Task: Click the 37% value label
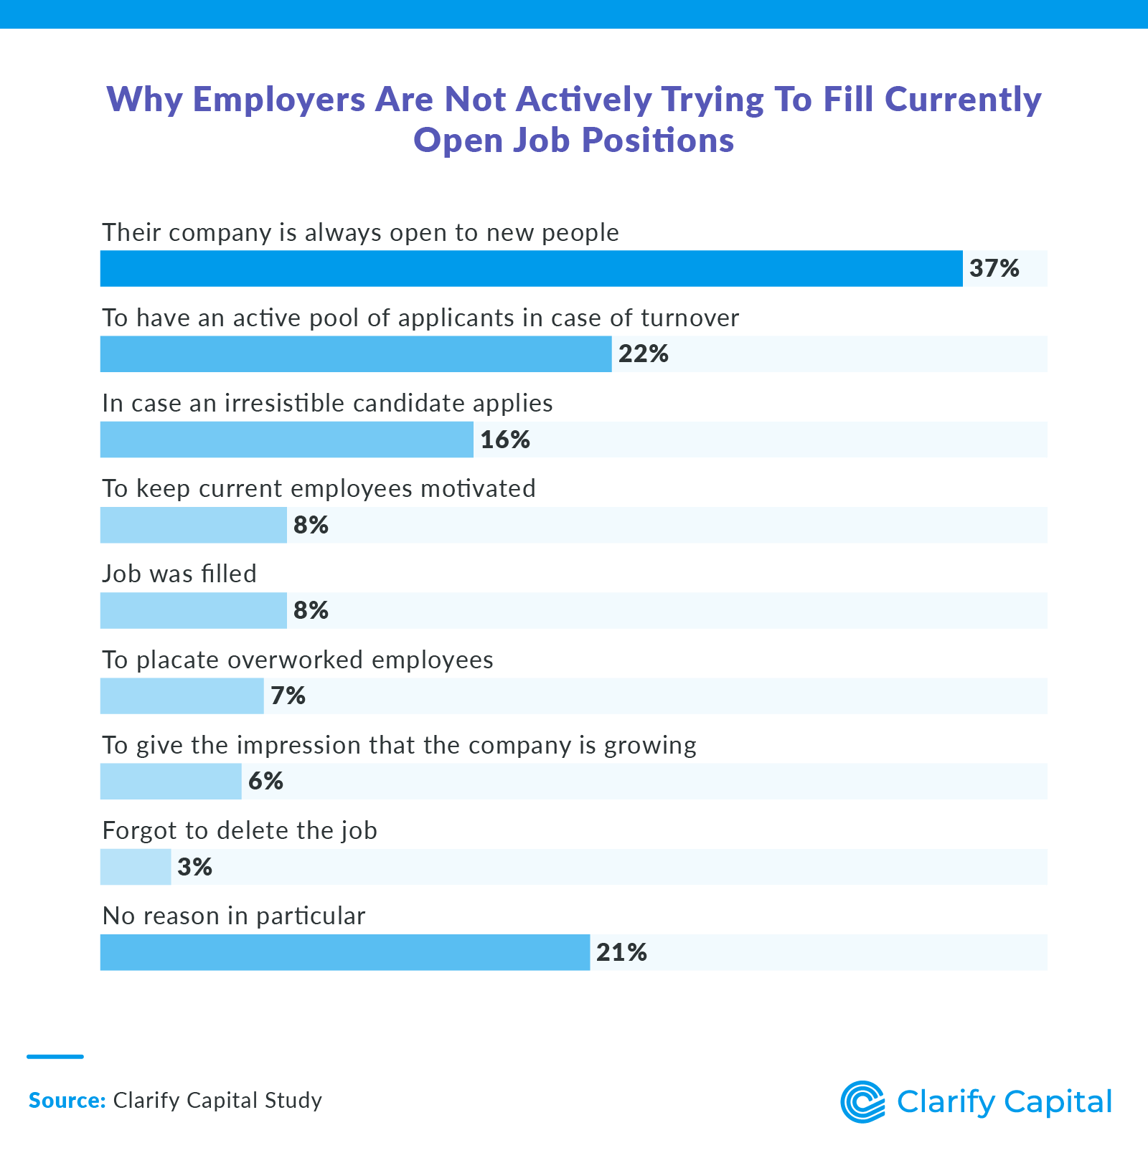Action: click(994, 269)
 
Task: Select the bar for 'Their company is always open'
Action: click(531, 269)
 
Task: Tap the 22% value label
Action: click(644, 354)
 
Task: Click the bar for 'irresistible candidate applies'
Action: click(287, 440)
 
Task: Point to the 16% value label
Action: click(505, 440)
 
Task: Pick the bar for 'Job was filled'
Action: click(194, 610)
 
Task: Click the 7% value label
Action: click(288, 696)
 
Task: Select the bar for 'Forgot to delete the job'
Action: click(136, 867)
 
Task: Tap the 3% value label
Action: click(194, 867)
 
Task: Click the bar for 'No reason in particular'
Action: click(344, 952)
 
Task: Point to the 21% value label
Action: click(621, 952)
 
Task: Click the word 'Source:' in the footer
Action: click(67, 1100)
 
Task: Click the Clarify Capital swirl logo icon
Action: click(862, 1101)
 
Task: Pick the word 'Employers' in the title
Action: click(278, 100)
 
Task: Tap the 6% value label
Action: click(265, 781)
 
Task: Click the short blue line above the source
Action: click(55, 1056)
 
